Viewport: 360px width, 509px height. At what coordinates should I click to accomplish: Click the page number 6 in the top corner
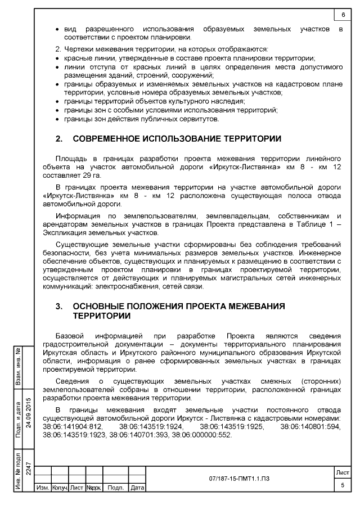tap(343, 14)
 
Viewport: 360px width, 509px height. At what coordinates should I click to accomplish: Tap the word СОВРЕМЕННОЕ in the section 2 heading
tap(108, 138)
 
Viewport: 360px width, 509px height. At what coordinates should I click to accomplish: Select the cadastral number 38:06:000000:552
tap(201, 435)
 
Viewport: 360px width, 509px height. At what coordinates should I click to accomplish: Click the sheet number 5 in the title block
tap(342, 485)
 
